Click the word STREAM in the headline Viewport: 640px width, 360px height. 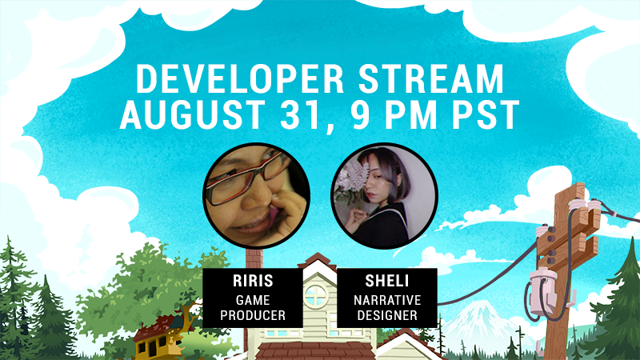pyautogui.click(x=431, y=78)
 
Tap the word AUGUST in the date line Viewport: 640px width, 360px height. pyautogui.click(x=192, y=114)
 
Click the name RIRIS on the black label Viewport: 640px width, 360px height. pyautogui.click(x=253, y=281)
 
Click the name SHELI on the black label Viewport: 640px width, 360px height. pyautogui.click(x=387, y=281)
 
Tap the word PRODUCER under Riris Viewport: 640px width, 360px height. pyautogui.click(x=253, y=315)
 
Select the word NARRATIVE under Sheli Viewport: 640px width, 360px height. pyautogui.click(x=387, y=301)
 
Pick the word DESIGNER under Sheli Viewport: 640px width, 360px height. pyautogui.click(x=387, y=315)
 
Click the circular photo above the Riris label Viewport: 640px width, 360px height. pyautogui.click(x=256, y=196)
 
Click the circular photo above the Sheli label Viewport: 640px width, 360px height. pyautogui.click(x=385, y=196)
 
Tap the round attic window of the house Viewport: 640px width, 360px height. pyautogui.click(x=315, y=295)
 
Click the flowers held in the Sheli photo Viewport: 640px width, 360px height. pyautogui.click(x=352, y=182)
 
